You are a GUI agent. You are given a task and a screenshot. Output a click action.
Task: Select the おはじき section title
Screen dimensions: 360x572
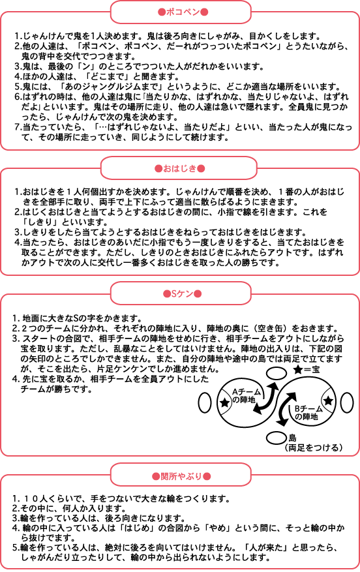pos(179,168)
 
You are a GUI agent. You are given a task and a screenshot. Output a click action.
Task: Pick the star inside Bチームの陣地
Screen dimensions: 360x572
pos(328,400)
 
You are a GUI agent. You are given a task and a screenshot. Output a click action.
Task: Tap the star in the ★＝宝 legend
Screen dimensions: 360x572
pos(297,370)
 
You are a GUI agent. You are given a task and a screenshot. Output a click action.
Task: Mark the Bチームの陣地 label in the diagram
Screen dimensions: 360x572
pos(308,413)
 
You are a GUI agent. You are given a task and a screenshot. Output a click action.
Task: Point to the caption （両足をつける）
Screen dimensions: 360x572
pos(314,447)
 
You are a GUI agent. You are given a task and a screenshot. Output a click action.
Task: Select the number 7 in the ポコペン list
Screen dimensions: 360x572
pos(17,127)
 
